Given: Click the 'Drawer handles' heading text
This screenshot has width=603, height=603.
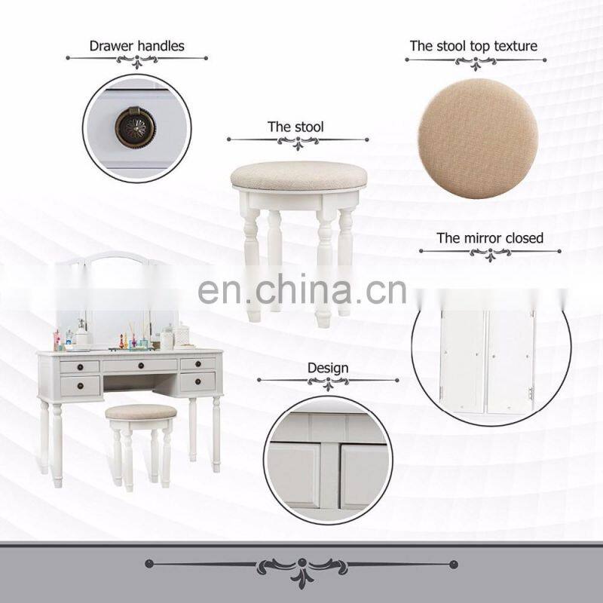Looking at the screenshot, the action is [x=137, y=46].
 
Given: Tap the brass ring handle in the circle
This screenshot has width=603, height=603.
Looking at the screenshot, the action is [x=136, y=127].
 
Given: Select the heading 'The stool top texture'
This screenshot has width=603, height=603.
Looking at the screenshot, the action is [x=473, y=46].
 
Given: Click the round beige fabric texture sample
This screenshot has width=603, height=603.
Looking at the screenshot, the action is [x=477, y=138].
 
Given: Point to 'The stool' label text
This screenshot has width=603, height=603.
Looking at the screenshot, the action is [x=295, y=127].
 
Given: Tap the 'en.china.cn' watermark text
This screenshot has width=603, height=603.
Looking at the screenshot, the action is [x=302, y=289].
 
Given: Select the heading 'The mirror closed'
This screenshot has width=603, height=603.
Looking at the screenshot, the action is [x=490, y=238].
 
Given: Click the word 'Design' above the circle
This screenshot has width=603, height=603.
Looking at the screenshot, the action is [x=328, y=368].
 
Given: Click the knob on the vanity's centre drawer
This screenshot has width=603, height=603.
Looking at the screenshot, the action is [x=141, y=366].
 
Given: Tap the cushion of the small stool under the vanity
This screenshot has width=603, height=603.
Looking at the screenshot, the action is [x=141, y=412].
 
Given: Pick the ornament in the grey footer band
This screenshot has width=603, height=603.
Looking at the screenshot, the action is [x=302, y=568].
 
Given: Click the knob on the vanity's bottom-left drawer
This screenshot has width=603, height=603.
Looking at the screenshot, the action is [x=81, y=386].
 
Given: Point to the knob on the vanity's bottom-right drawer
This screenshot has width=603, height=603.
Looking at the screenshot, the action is [x=197, y=381].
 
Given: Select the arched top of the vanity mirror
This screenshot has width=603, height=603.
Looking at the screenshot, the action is [x=117, y=256].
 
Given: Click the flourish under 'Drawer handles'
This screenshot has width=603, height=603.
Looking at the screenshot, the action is [x=137, y=60].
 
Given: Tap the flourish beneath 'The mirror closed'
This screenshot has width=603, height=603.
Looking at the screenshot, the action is [x=491, y=253].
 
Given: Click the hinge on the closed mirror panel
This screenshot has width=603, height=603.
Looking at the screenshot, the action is [x=531, y=393].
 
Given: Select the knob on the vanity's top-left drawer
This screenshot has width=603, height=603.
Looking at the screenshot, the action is [x=81, y=367].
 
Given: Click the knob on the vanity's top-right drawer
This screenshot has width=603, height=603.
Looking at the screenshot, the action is [x=197, y=364].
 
